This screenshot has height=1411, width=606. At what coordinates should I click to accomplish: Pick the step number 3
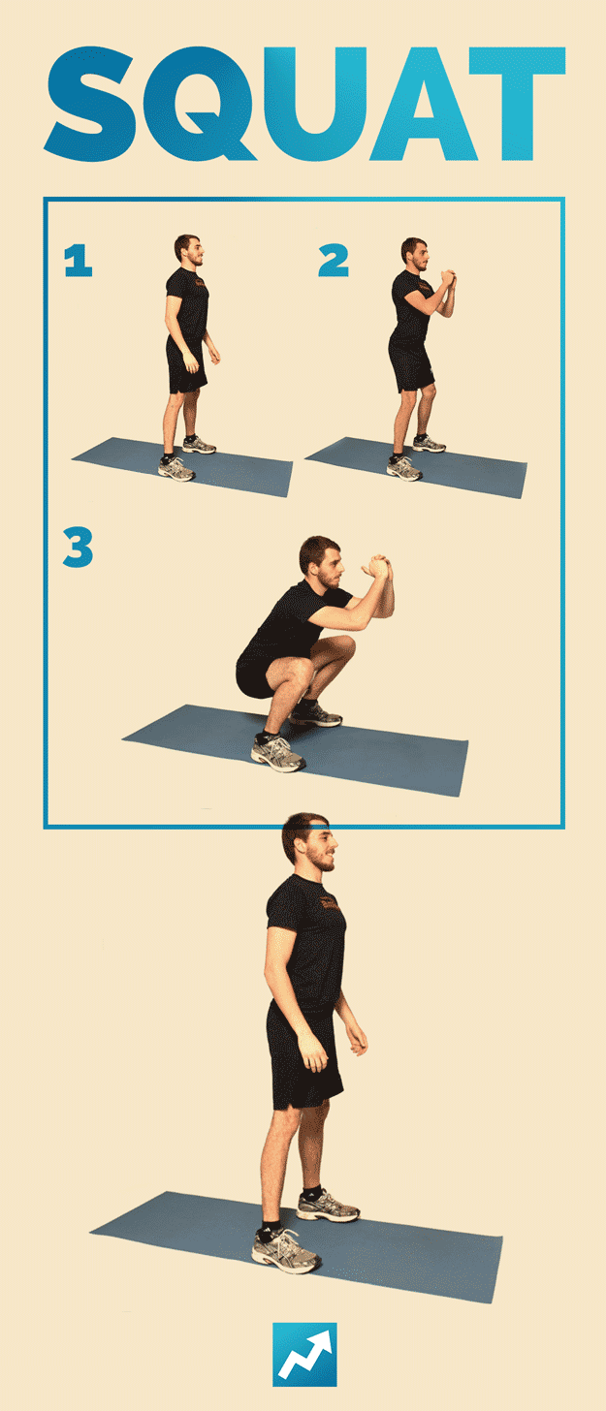78,548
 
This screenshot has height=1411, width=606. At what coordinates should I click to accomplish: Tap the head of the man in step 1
187,250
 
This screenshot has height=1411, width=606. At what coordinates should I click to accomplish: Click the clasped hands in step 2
448,282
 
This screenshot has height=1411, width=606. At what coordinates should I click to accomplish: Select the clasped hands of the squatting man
378,567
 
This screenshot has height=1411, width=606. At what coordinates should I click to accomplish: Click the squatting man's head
319,563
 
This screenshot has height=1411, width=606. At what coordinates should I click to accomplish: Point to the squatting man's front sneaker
277,753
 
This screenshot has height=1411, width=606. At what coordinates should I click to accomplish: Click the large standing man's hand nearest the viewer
312,1052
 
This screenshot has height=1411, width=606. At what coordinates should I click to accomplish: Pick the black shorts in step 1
185,365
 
